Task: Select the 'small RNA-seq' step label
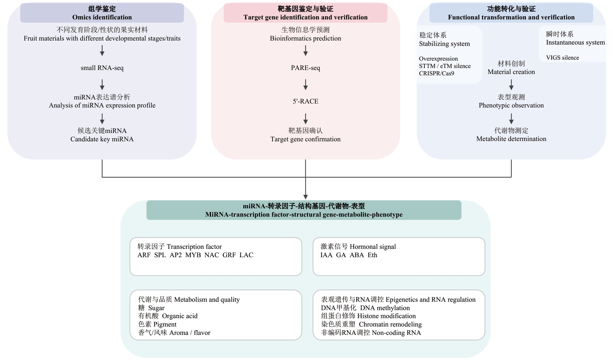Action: [x=102, y=68]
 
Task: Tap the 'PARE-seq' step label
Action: [x=305, y=68]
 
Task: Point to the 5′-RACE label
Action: [x=305, y=101]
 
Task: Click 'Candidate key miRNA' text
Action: [x=102, y=139]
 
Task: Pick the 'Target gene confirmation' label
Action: [x=305, y=139]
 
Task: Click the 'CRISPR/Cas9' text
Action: [x=436, y=73]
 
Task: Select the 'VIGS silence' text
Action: [x=562, y=58]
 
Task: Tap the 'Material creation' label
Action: [x=511, y=72]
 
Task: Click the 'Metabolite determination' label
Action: [x=511, y=139]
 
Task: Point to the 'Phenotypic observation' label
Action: [x=511, y=105]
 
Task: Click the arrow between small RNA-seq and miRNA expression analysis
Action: [x=102, y=84]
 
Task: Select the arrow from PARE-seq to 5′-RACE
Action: [x=305, y=84]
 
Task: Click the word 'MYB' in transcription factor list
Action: [x=193, y=255]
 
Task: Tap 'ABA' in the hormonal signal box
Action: [x=357, y=255]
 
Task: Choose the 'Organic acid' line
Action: [x=179, y=316]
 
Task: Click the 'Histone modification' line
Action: [x=386, y=316]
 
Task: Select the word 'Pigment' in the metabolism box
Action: [x=165, y=325]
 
